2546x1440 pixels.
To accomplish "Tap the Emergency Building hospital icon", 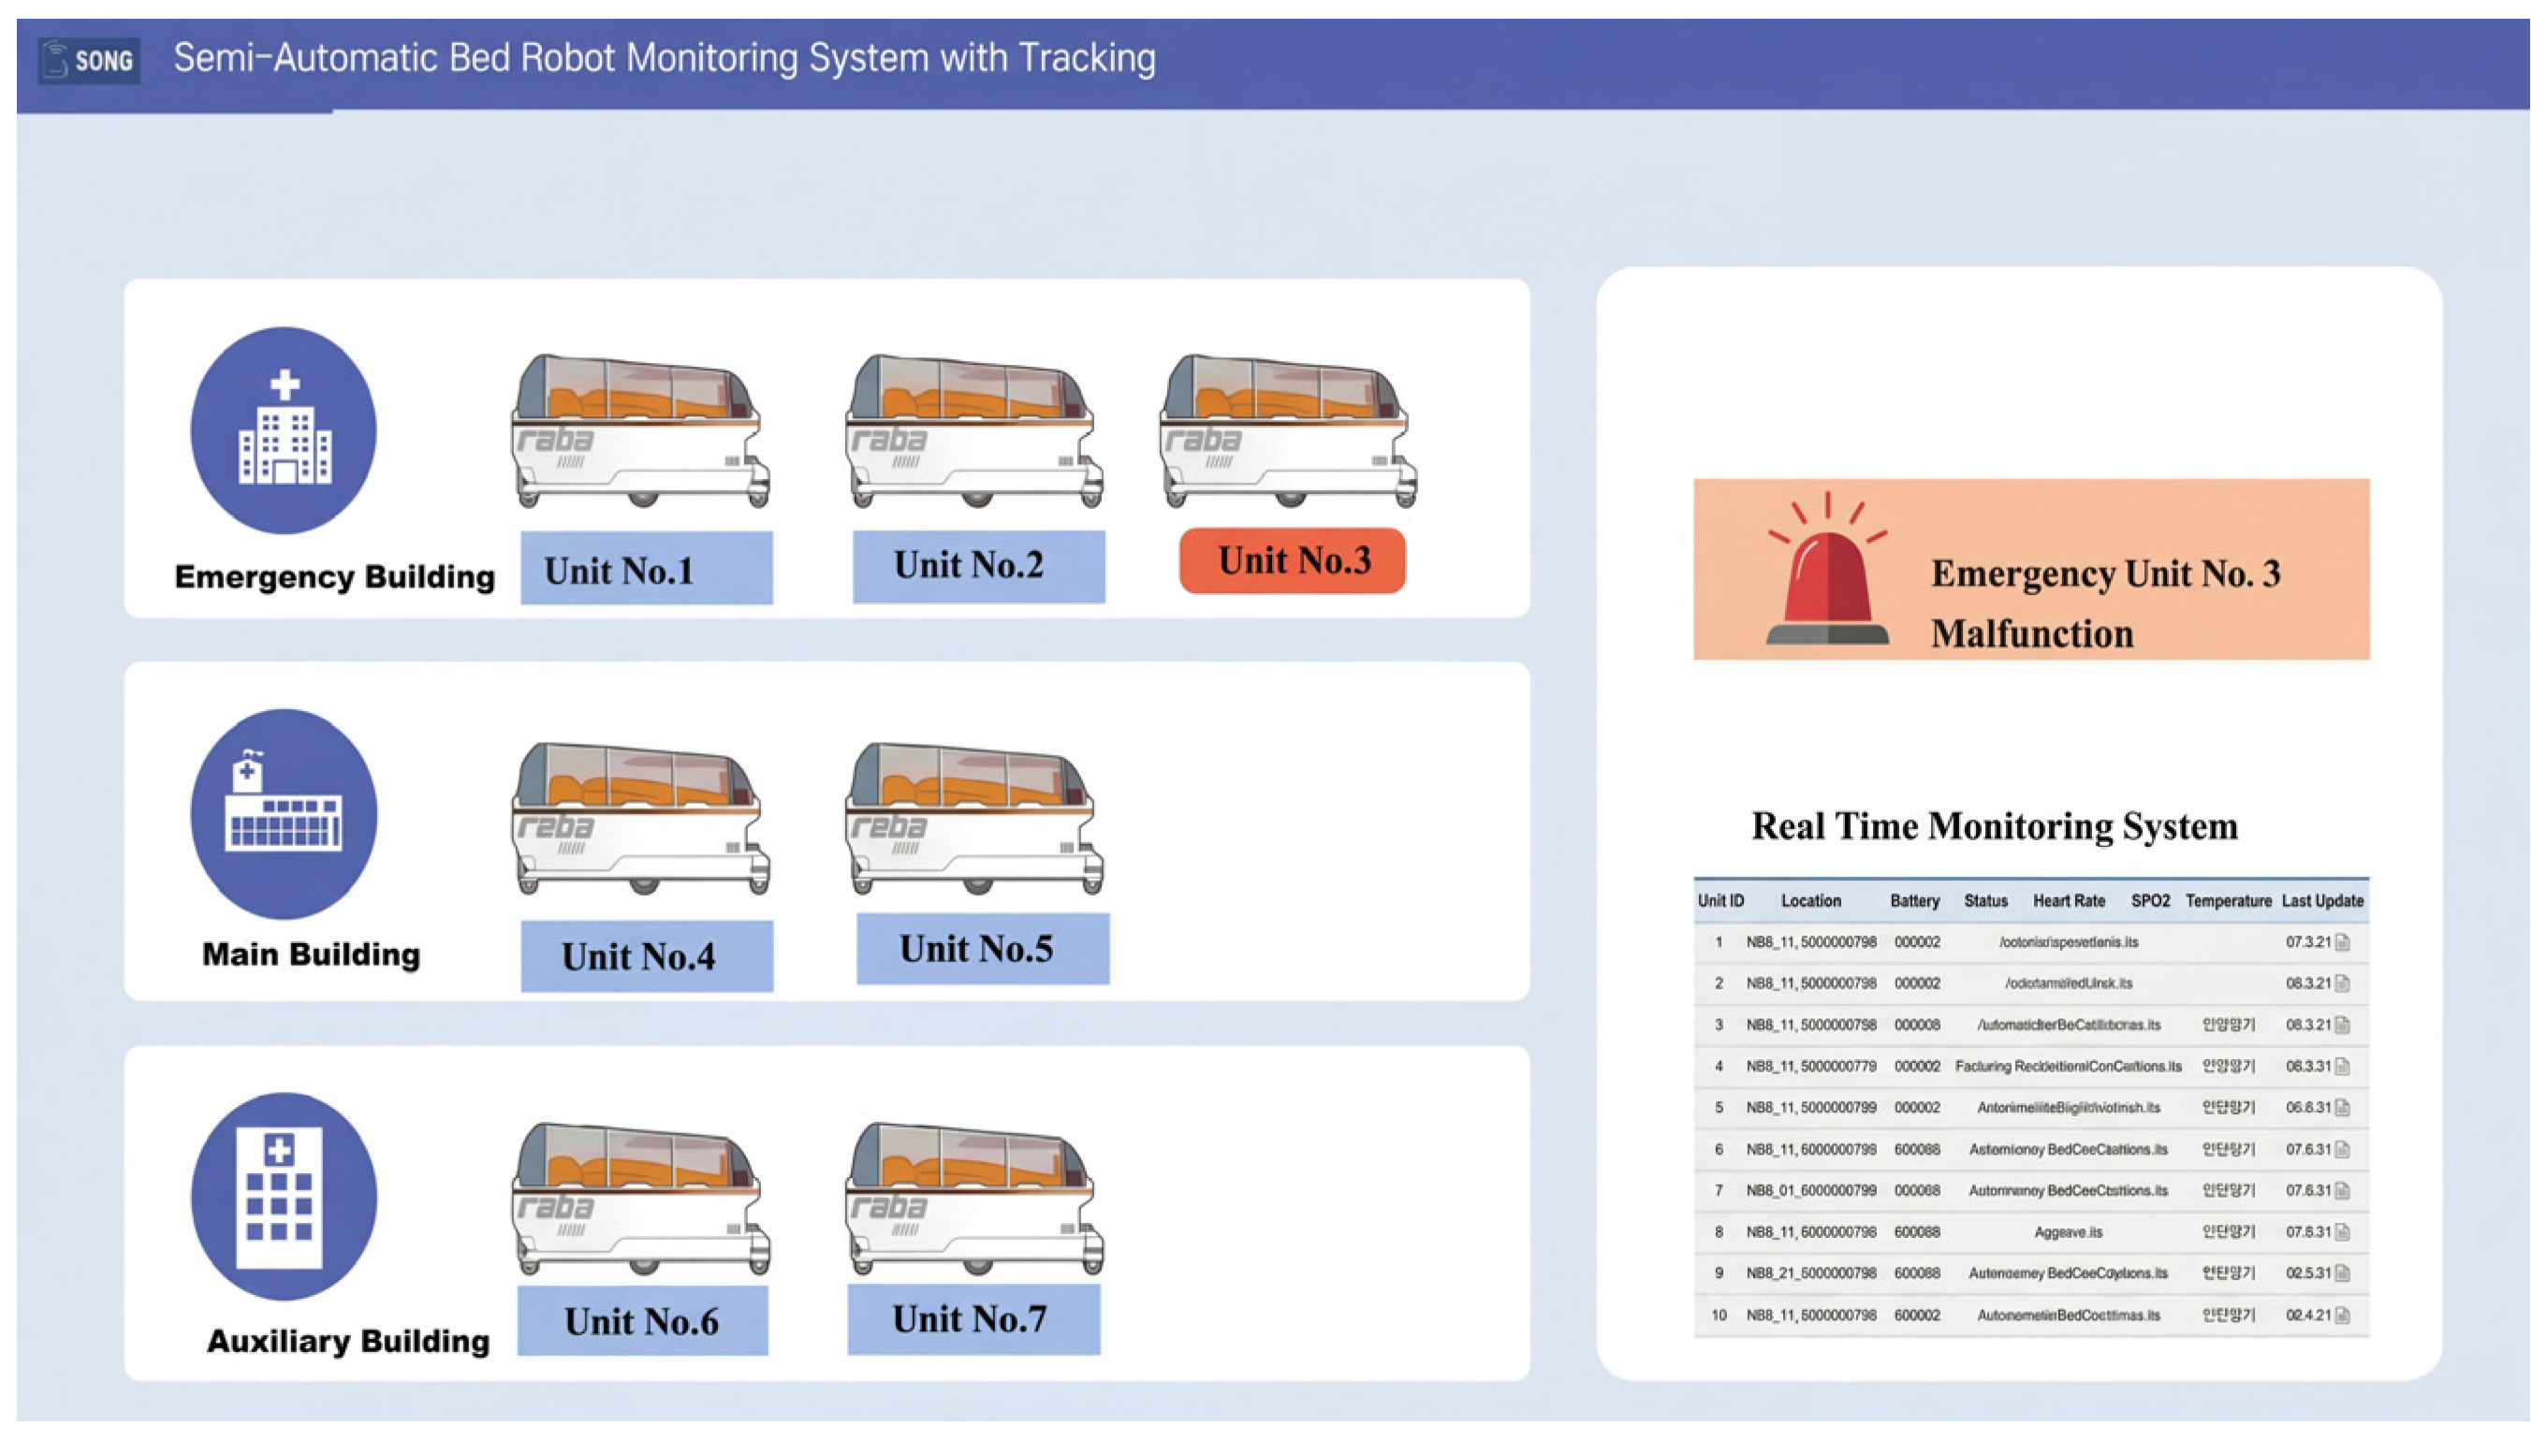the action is click(x=284, y=430).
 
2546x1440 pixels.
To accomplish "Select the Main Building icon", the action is click(x=284, y=813).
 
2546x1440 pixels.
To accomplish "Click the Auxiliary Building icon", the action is click(x=284, y=1196).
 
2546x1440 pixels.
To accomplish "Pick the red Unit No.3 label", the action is click(x=1292, y=560).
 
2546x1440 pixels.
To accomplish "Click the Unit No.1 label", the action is click(x=646, y=569).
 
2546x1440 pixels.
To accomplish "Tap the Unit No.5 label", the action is click(x=982, y=949).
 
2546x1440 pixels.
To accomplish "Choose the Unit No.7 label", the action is click(x=973, y=1319).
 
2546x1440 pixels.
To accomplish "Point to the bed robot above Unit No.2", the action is click(x=974, y=431).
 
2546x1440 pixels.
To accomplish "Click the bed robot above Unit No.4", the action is click(x=641, y=819).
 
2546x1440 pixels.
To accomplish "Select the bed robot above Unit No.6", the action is click(x=641, y=1199).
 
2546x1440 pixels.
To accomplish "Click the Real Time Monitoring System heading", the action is click(x=1994, y=826).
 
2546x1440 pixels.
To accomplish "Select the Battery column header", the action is click(x=1914, y=901).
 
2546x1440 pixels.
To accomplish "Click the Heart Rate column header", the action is click(x=2069, y=901).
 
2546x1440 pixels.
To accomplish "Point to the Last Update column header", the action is click(x=2321, y=901).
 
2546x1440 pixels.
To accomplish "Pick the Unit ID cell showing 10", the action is click(x=1719, y=1316).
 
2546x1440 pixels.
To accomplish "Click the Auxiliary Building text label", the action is click(x=348, y=1341).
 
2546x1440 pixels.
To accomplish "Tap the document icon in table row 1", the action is click(x=2341, y=942).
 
